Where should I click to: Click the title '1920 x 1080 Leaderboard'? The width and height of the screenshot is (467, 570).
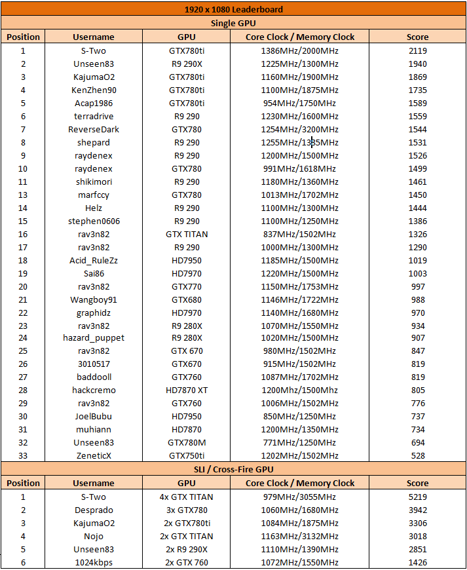click(x=233, y=10)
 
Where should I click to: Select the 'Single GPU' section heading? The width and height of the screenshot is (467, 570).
click(x=233, y=23)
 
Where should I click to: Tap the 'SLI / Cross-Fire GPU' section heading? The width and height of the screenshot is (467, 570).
click(x=233, y=469)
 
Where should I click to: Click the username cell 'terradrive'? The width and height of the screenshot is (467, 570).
click(x=93, y=116)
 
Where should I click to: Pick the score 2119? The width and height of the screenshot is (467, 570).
click(x=417, y=50)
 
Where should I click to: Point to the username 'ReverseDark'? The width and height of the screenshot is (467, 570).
click(x=93, y=129)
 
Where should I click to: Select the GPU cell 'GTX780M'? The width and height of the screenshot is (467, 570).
click(x=187, y=442)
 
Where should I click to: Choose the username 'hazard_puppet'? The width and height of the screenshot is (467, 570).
click(x=93, y=337)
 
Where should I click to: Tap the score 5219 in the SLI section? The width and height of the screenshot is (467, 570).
click(x=417, y=497)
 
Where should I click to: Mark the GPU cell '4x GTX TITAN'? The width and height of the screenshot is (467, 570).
click(x=187, y=497)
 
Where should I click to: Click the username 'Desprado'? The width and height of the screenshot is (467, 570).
click(x=93, y=510)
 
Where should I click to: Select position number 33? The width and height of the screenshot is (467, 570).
click(x=23, y=455)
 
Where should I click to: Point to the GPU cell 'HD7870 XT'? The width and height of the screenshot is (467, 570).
click(x=187, y=390)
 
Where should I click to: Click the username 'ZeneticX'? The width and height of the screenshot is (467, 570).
click(x=93, y=455)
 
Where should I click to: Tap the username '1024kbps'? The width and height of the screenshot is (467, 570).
click(x=93, y=562)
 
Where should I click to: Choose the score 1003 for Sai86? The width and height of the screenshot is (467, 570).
click(x=417, y=273)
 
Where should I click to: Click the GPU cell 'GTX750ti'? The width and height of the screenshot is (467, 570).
click(x=187, y=455)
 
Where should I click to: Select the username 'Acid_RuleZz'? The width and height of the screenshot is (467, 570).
click(x=93, y=260)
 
